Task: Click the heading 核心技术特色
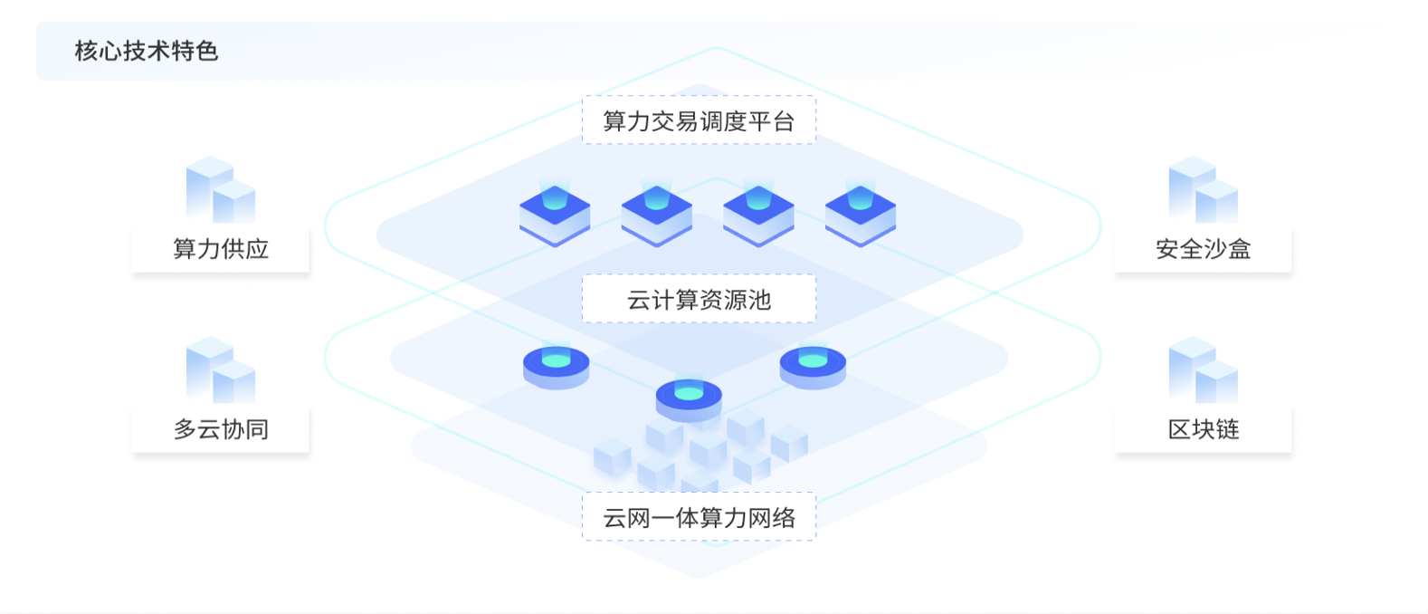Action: click(147, 51)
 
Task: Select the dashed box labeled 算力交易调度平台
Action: click(699, 120)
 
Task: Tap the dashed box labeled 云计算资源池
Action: click(699, 299)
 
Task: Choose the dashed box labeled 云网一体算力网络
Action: click(699, 517)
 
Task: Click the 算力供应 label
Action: click(221, 248)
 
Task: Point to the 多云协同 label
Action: click(221, 429)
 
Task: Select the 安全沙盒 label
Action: click(1203, 248)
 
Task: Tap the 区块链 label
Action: click(1203, 429)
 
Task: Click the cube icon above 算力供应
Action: click(221, 189)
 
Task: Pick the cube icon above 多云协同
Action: click(221, 370)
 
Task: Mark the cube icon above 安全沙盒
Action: click(1203, 189)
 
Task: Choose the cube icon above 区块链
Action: click(1203, 370)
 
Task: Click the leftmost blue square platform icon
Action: click(555, 213)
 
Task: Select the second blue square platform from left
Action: click(657, 213)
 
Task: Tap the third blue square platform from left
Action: click(758, 213)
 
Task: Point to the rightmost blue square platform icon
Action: click(861, 213)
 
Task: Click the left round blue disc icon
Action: click(556, 367)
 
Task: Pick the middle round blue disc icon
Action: click(689, 398)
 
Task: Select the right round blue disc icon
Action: click(813, 367)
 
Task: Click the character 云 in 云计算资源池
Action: click(639, 300)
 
